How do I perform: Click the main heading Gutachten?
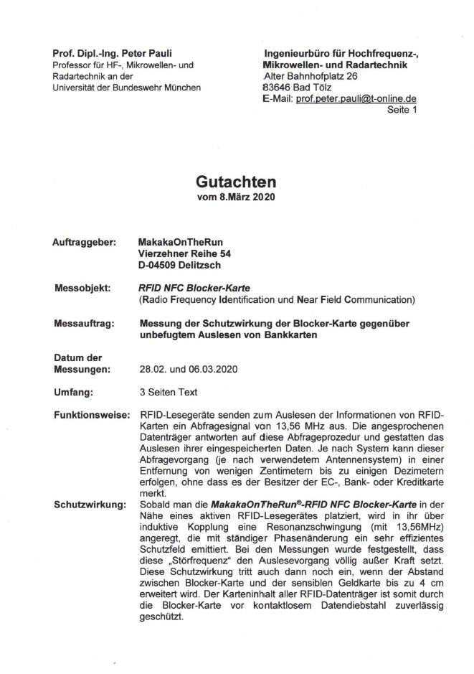coord(236,182)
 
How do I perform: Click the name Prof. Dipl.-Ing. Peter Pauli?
coord(113,53)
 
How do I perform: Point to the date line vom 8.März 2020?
coord(236,197)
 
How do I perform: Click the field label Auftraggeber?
coord(85,243)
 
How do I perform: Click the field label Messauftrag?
coord(85,324)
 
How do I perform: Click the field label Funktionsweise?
coord(90,416)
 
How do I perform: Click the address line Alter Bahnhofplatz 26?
coord(311,76)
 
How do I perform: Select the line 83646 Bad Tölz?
coord(295,88)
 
